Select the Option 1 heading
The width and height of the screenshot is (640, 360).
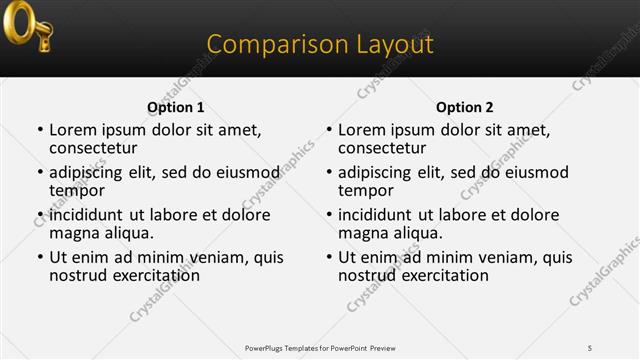(x=175, y=107)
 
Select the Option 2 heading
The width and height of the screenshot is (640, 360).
(x=464, y=107)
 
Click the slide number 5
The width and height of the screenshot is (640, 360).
(x=589, y=347)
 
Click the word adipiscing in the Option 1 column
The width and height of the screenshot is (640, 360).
(x=91, y=173)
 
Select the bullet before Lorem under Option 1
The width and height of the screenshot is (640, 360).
(x=40, y=131)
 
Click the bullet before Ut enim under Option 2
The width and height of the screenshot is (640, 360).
(x=329, y=258)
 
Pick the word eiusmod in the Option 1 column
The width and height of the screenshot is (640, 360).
(x=246, y=173)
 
